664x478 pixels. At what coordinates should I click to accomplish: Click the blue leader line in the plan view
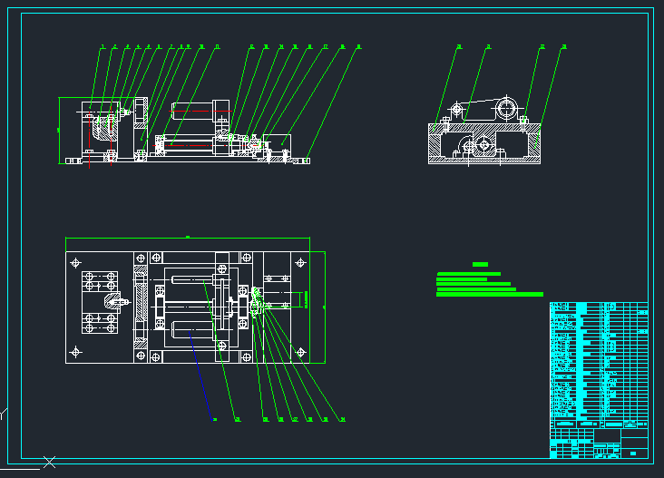pos(201,372)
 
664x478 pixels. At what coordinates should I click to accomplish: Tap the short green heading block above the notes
pos(480,264)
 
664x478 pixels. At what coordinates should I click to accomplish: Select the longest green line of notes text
pos(490,295)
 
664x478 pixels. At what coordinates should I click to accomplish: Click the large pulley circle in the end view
pos(506,109)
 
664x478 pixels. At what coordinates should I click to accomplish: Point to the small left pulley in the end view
pos(456,110)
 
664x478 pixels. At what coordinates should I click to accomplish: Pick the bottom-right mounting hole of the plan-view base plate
pos(300,352)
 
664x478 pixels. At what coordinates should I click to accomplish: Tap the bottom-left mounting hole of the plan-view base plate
pos(75,352)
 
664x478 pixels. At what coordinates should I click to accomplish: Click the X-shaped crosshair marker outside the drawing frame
pos(50,463)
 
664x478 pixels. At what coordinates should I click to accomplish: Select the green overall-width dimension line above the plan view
pos(188,239)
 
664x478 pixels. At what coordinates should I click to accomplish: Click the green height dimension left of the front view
pos(60,130)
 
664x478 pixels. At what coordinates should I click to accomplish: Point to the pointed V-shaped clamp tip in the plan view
pos(109,298)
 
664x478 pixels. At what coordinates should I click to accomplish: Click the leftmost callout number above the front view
pos(103,46)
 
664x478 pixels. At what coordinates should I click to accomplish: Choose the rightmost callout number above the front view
pos(358,46)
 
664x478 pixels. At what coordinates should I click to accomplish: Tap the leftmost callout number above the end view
pos(459,46)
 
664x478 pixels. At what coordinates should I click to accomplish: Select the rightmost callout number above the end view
pos(564,46)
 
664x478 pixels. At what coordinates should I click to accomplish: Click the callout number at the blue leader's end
pos(214,420)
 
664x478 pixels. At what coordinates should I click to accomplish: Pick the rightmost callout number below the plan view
pos(342,420)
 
